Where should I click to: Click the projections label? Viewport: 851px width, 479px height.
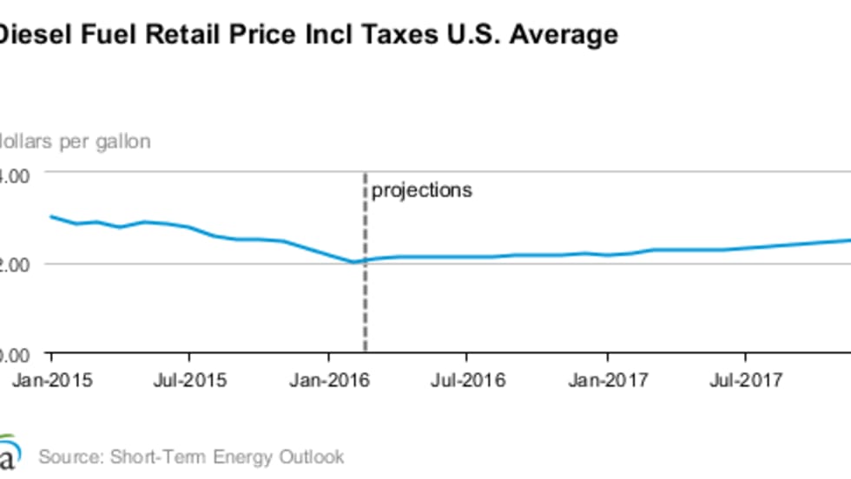pyautogui.click(x=422, y=190)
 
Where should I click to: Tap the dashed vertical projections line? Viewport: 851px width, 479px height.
pyautogui.click(x=364, y=286)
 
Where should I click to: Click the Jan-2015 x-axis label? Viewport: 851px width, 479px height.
pyautogui.click(x=51, y=379)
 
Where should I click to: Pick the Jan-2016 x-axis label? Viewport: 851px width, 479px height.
pyautogui.click(x=329, y=379)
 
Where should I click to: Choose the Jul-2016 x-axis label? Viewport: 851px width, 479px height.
pyautogui.click(x=466, y=379)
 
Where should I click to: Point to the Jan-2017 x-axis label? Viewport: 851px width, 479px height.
pyautogui.click(x=607, y=379)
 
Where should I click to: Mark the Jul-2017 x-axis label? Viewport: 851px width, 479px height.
pyautogui.click(x=744, y=379)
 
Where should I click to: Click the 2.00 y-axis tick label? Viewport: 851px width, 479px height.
pyautogui.click(x=15, y=264)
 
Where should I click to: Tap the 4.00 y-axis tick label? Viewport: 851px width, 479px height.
pyautogui.click(x=15, y=174)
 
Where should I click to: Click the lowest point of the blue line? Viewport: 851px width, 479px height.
pyautogui.click(x=353, y=261)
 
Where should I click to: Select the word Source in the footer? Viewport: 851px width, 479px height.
pyautogui.click(x=66, y=456)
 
